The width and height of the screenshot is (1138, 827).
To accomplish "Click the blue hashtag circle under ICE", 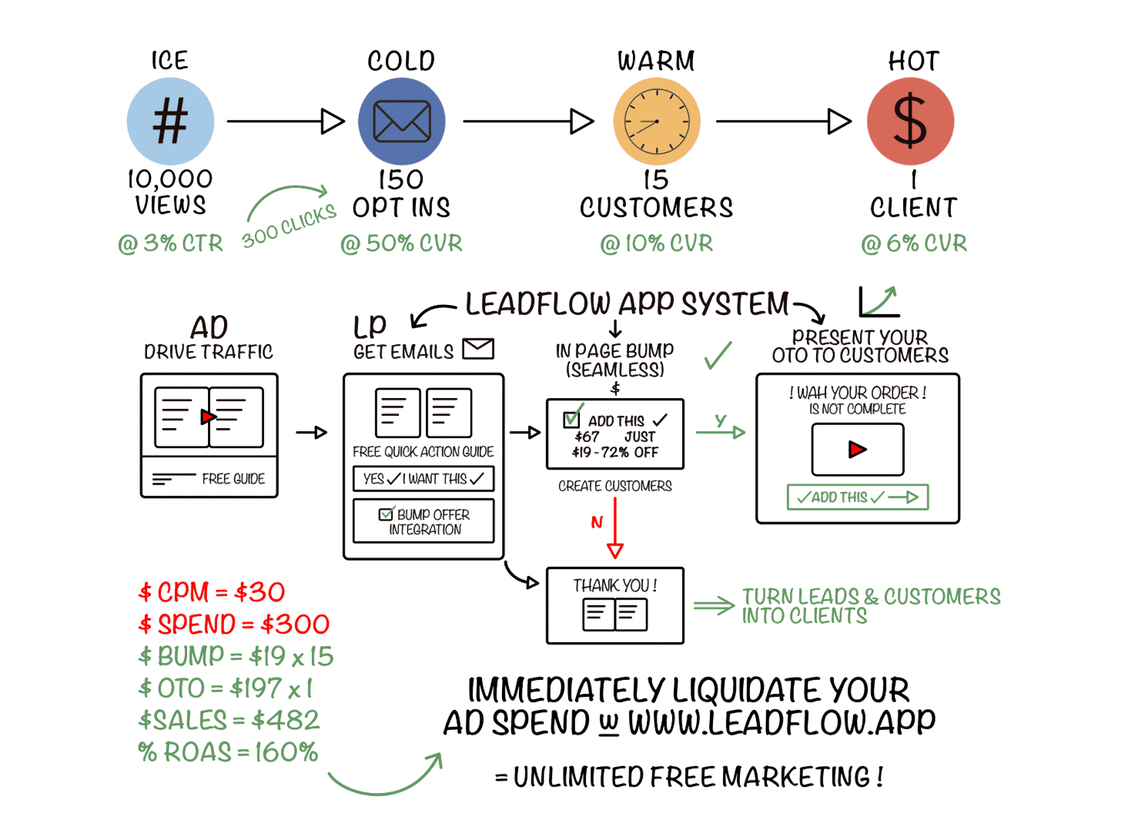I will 170,122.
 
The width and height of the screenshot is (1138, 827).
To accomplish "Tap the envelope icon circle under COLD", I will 401,122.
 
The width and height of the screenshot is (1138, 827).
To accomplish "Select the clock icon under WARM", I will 656,122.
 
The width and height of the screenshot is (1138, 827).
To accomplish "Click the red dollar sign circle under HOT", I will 910,122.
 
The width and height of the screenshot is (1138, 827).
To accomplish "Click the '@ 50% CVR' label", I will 401,243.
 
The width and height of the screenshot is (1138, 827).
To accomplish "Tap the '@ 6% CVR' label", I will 914,243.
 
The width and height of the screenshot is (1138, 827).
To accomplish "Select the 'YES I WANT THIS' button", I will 423,479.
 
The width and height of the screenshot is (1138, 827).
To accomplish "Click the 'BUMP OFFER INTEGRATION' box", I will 423,521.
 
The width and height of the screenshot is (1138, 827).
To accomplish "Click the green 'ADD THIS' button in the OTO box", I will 857,497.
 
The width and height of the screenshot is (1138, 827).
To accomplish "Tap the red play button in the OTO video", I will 857,450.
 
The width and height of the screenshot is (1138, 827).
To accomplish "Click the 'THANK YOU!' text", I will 614,586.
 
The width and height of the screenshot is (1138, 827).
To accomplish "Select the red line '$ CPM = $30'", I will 212,592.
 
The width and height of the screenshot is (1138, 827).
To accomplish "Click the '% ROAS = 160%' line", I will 228,752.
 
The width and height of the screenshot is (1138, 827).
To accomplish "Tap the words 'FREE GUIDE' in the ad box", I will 233,479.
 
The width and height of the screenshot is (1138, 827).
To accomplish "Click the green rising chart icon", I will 879,301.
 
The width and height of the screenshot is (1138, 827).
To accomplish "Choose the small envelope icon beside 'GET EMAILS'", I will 478,349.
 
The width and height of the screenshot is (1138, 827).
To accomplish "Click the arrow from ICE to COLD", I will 285,122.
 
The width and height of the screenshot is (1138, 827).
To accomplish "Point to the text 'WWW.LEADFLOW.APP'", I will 781,723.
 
